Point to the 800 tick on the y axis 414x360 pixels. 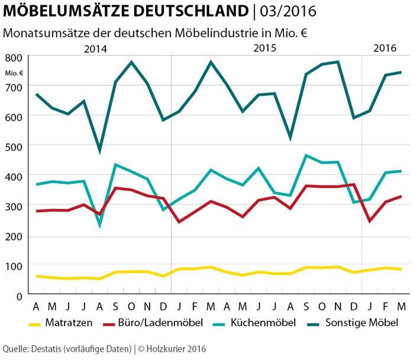click(x=14, y=58)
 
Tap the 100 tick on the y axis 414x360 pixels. click(x=14, y=266)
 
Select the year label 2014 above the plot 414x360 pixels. click(x=95, y=48)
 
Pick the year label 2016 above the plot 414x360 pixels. click(x=385, y=48)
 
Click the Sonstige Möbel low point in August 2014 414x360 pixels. click(x=99, y=151)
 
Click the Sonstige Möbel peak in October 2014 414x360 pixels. click(x=131, y=62)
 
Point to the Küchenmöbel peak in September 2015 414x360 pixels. click(x=306, y=155)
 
